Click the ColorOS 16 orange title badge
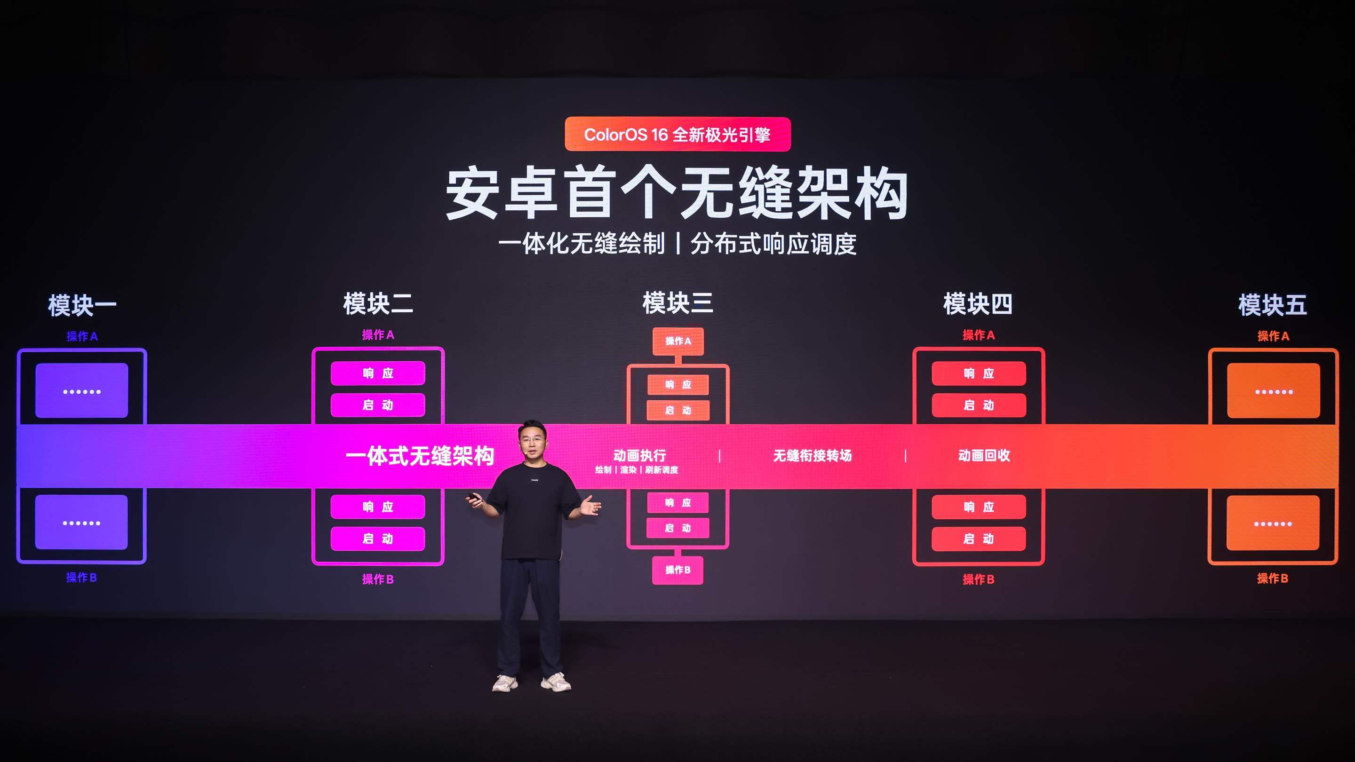pos(677,134)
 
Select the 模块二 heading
pos(378,304)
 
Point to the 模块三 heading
pos(677,303)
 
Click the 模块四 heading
pos(978,304)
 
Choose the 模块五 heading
pos(1272,305)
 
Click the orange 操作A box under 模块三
pos(678,341)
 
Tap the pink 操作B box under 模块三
pos(677,570)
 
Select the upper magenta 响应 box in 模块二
pos(378,373)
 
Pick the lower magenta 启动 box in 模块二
pos(378,539)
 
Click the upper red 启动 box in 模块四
pos(979,405)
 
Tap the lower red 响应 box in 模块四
pos(979,507)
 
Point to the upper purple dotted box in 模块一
pos(81,391)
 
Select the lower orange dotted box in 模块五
pos(1273,523)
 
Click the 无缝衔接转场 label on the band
pos(812,455)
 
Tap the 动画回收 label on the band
pos(984,455)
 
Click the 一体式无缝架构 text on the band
pos(420,456)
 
